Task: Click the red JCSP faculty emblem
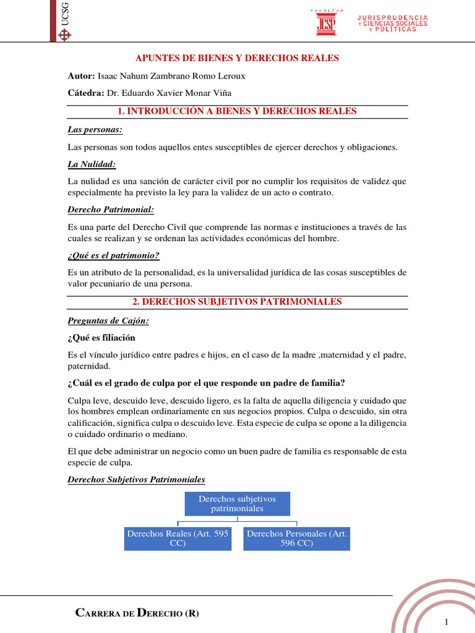click(x=327, y=23)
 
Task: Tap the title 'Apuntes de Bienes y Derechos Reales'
click(x=237, y=58)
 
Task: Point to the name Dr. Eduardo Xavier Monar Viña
click(x=171, y=93)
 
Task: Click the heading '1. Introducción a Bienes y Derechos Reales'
click(x=237, y=111)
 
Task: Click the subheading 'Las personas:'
click(x=95, y=130)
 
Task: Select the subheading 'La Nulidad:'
click(x=92, y=164)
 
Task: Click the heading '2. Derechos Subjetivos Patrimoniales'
click(x=237, y=302)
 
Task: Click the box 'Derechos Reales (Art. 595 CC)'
click(x=178, y=538)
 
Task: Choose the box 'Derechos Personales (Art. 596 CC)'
click(x=296, y=538)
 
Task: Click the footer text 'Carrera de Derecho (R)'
click(x=137, y=613)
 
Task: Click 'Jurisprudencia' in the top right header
click(x=393, y=17)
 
